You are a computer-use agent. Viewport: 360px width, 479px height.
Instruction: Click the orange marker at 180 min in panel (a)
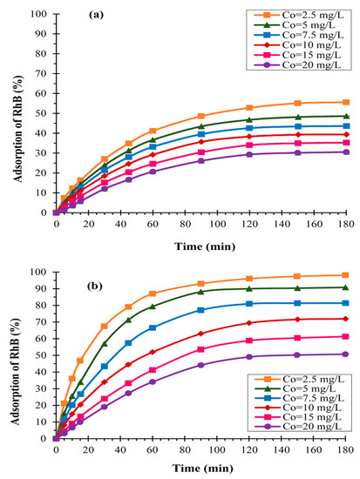346,102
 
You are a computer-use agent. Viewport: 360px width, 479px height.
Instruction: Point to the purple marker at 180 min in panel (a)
346,152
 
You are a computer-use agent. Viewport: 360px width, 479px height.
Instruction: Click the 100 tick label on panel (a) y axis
39,14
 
